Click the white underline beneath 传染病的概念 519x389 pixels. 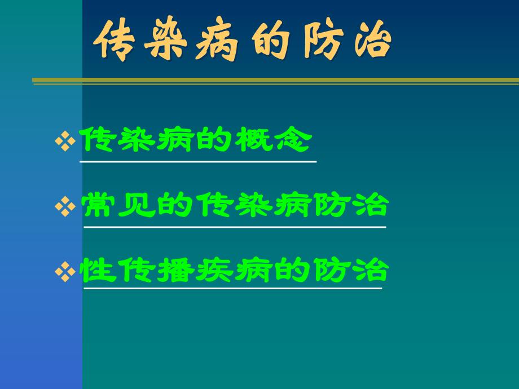[x=198, y=162]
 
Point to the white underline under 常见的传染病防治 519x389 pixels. [x=235, y=227]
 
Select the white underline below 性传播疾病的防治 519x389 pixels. [x=232, y=289]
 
